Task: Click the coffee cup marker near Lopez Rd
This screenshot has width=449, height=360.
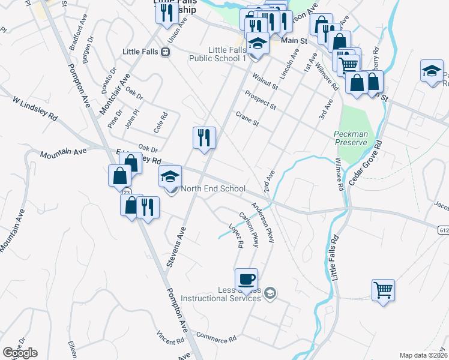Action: [x=246, y=279]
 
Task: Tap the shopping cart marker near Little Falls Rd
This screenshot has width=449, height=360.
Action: [x=383, y=290]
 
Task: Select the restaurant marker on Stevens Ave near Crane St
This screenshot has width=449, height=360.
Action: [x=204, y=138]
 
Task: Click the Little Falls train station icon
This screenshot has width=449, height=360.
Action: [x=165, y=52]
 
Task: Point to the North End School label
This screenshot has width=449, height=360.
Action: [x=213, y=188]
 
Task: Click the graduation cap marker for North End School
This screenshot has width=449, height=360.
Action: [x=170, y=177]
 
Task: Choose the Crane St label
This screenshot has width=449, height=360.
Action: [x=246, y=119]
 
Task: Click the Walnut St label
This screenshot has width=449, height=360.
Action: [x=265, y=82]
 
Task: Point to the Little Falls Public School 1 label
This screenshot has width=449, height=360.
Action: [x=218, y=54]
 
